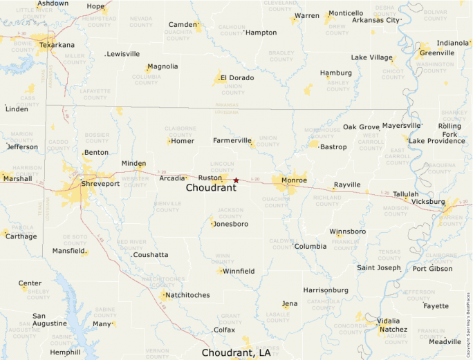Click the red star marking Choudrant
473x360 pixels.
click(236, 180)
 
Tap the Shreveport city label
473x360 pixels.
click(100, 184)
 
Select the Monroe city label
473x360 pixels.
click(294, 180)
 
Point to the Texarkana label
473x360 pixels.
click(57, 45)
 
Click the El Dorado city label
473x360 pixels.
click(236, 78)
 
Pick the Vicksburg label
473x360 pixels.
click(428, 202)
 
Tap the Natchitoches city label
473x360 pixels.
click(187, 295)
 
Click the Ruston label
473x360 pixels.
click(210, 178)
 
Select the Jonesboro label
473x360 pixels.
click(231, 224)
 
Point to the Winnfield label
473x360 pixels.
click(239, 271)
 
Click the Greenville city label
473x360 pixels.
click(436, 53)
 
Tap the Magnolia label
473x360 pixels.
click(163, 66)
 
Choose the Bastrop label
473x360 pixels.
click(333, 146)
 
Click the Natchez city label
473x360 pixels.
click(393, 330)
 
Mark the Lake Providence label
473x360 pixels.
click(436, 141)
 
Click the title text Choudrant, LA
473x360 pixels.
click(236, 352)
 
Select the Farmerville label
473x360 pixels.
click(232, 140)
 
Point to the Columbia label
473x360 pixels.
click(310, 246)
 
